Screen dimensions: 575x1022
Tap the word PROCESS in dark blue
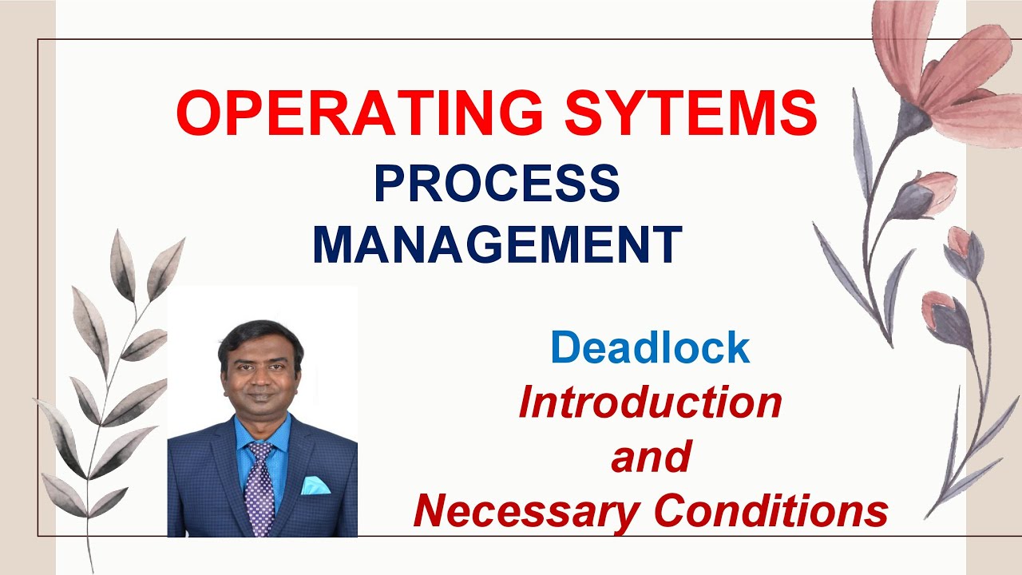coord(497,184)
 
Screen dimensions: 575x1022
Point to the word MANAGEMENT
coord(497,244)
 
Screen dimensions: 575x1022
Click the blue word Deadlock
coord(650,347)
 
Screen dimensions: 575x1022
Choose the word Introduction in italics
coord(650,402)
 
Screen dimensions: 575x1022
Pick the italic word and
coord(650,457)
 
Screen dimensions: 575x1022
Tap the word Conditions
coord(771,511)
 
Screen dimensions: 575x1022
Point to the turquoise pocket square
coord(315,484)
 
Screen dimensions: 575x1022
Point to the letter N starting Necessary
coord(432,511)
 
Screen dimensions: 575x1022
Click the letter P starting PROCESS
coord(389,184)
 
